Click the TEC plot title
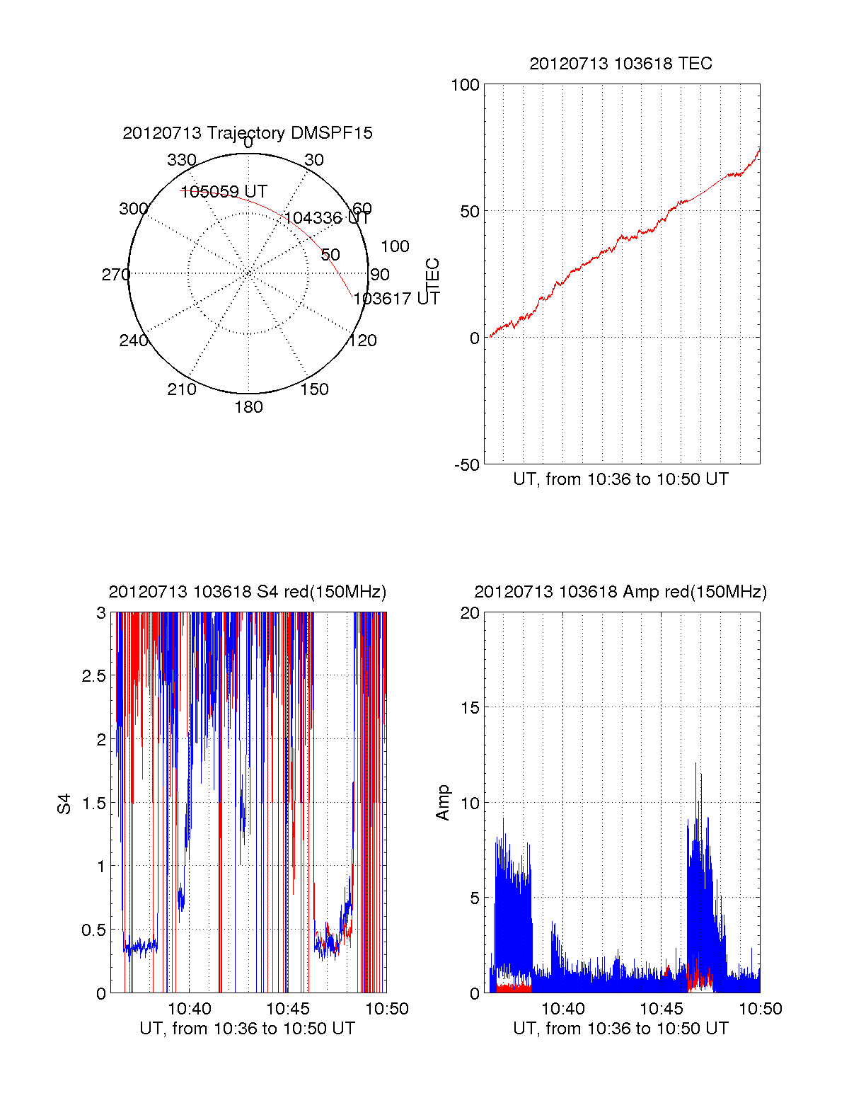tap(620, 64)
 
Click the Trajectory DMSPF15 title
tap(248, 133)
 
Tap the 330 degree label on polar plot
tap(181, 160)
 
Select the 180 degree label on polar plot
tap(248, 407)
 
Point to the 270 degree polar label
tap(115, 275)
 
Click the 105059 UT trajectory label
tap(224, 192)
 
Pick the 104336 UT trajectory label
tap(328, 218)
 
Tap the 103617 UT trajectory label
tap(396, 299)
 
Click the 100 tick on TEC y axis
tap(465, 85)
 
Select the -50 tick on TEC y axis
tap(467, 465)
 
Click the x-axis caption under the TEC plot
tap(620, 479)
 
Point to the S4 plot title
tap(248, 592)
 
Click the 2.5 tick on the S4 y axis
tap(94, 676)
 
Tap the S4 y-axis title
tap(64, 804)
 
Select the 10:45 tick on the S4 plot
tap(287, 1009)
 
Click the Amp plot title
tap(620, 592)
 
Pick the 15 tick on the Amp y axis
tap(470, 708)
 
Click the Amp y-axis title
tap(443, 803)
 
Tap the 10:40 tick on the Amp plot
tap(563, 1009)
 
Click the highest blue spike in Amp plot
tap(695, 763)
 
